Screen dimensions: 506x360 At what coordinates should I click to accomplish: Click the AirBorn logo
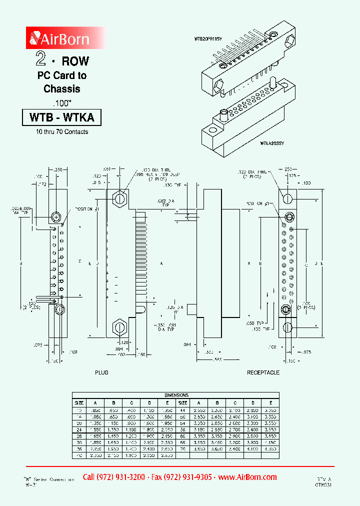59,38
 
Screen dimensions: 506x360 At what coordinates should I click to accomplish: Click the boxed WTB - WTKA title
62,117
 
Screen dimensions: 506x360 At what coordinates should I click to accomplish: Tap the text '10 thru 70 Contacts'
62,132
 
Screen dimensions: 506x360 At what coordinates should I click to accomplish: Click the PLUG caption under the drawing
101,372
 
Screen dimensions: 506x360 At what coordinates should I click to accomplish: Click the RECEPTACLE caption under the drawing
263,372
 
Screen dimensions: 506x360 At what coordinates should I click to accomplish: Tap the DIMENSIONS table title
175,395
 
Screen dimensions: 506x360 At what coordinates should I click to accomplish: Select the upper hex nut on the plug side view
119,198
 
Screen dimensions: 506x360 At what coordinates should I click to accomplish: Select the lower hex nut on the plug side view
119,327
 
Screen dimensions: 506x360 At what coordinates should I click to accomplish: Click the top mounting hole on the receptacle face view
288,198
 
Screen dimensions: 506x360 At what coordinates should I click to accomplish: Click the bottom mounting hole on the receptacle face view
288,327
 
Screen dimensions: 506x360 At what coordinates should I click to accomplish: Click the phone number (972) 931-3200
113,477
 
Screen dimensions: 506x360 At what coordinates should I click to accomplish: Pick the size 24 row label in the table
79,429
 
